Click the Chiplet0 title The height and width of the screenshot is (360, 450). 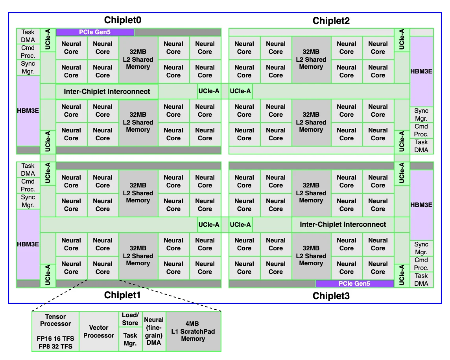coord(123,20)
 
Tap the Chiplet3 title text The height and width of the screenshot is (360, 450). coord(331,296)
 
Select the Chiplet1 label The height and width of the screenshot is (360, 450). coord(122,295)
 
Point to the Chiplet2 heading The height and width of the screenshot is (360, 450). coord(331,21)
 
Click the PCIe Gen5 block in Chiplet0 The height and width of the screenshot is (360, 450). coord(95,32)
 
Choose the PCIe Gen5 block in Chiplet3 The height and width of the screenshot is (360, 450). coord(354,284)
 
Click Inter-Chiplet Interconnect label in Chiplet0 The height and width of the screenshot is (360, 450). coord(107,92)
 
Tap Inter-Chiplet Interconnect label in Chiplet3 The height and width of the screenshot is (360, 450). coord(343,224)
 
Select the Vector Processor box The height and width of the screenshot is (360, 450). coord(99,331)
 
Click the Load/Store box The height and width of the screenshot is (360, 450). coord(130,319)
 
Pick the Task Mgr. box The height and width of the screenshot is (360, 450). coord(130,339)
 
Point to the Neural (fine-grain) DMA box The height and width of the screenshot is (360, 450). coord(154,331)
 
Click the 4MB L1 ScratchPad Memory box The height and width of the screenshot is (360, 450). coord(193,331)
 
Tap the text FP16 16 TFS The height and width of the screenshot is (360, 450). coord(55,338)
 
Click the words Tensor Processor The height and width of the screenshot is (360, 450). coord(55,320)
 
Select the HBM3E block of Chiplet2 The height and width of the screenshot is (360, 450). coord(421,72)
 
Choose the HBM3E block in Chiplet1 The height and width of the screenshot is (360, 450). coord(28,244)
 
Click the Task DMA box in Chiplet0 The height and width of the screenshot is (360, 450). coord(28,36)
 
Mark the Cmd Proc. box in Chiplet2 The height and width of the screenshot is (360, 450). coord(421,130)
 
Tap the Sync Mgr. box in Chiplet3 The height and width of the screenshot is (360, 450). coord(421,248)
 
